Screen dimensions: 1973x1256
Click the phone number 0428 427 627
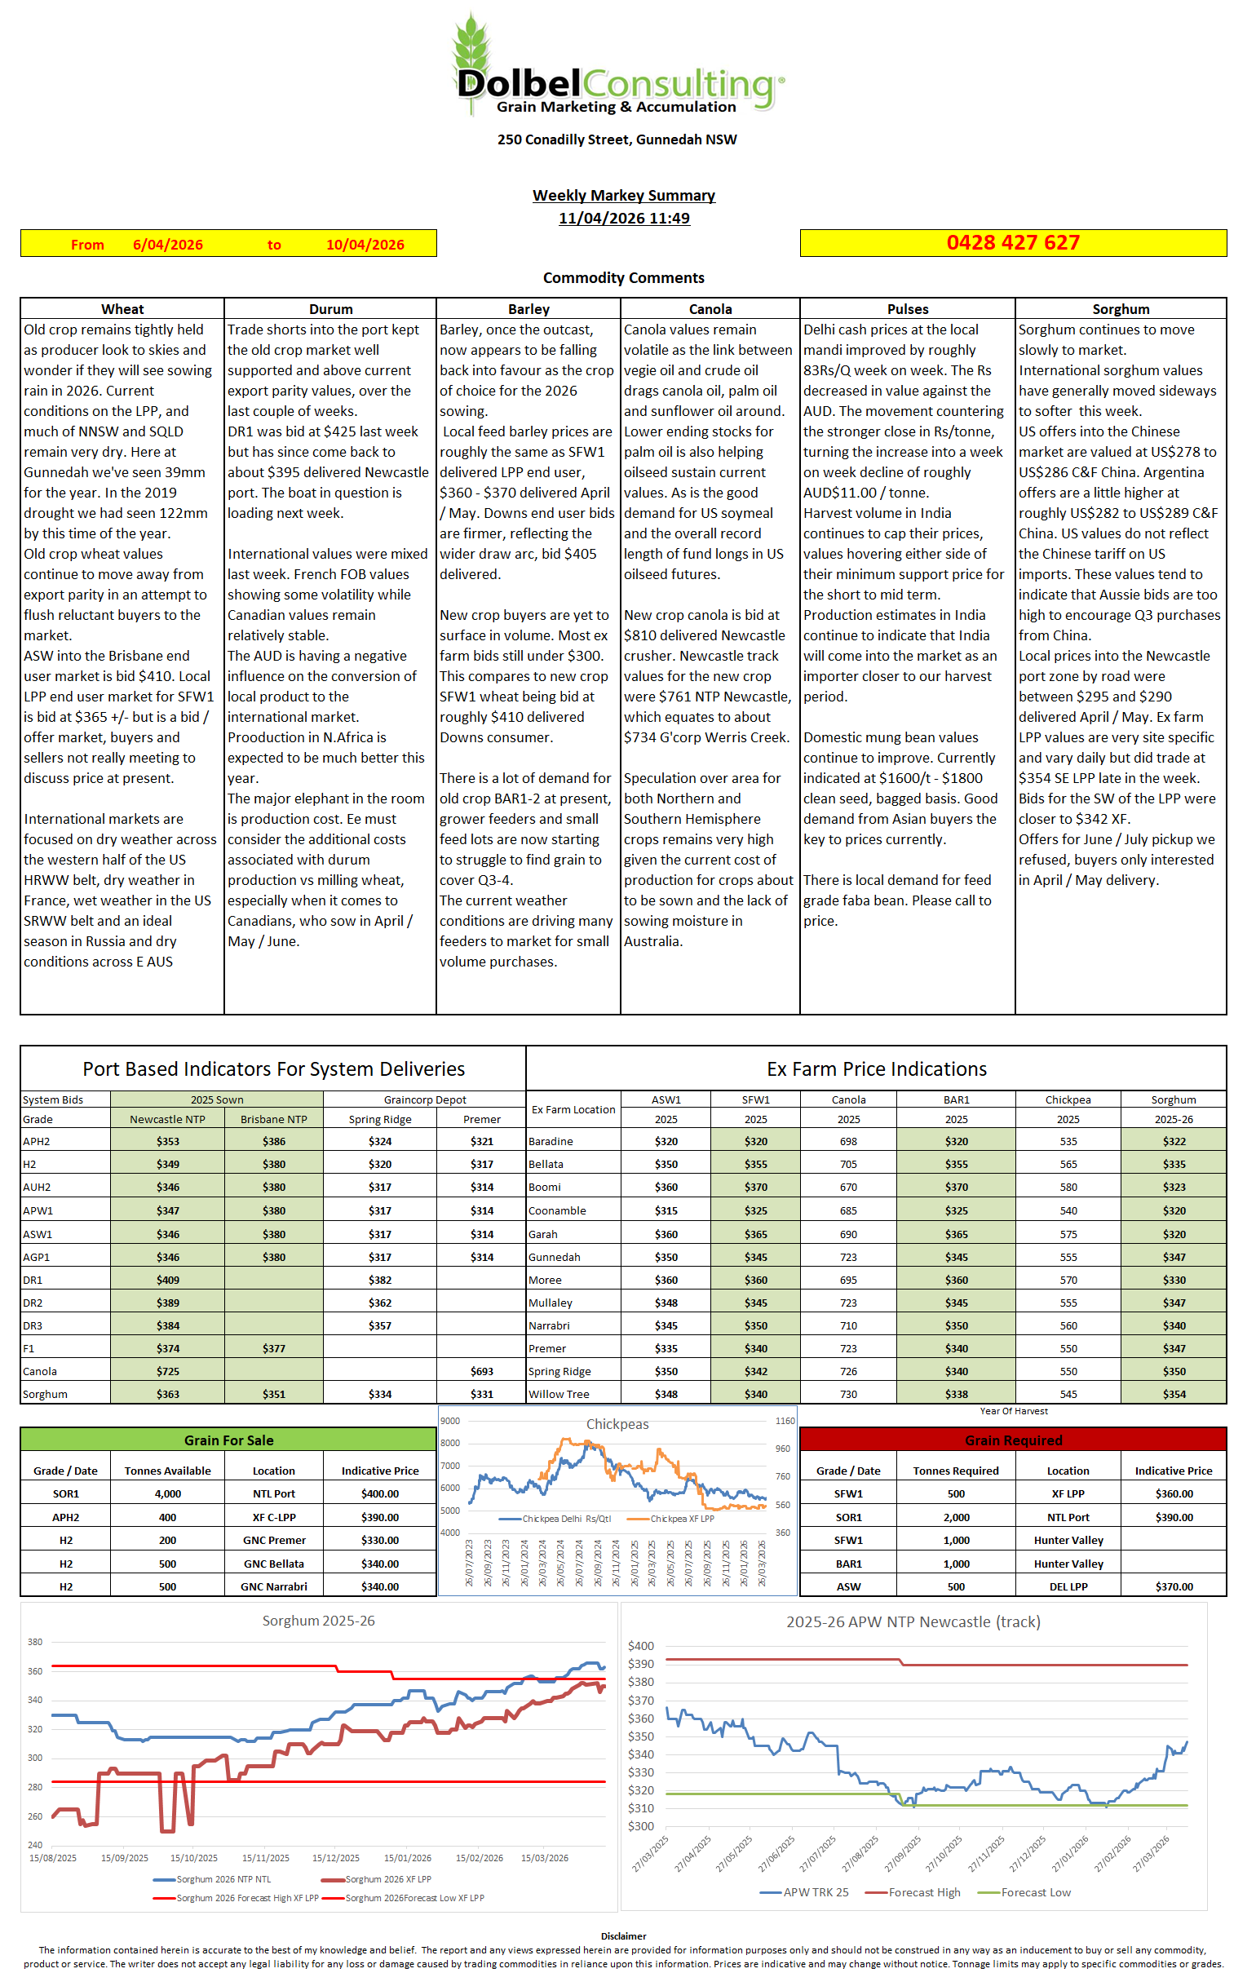[1013, 243]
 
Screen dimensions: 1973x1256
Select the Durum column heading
[330, 309]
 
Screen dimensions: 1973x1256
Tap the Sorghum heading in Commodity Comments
[1120, 309]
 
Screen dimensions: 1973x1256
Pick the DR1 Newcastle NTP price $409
[167, 1280]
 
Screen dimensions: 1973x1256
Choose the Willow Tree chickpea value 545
[1068, 1394]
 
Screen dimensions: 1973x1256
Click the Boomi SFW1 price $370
[755, 1188]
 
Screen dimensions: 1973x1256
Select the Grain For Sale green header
[228, 1440]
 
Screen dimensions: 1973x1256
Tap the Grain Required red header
[1013, 1440]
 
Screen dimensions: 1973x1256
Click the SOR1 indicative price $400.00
[379, 1493]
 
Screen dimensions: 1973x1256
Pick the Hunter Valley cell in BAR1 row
[1068, 1564]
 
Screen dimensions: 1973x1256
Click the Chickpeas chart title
[617, 1424]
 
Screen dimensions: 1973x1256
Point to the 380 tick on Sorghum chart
[35, 1642]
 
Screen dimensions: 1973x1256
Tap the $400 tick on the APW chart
[641, 1646]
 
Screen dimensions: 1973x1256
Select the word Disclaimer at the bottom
[623, 1936]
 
